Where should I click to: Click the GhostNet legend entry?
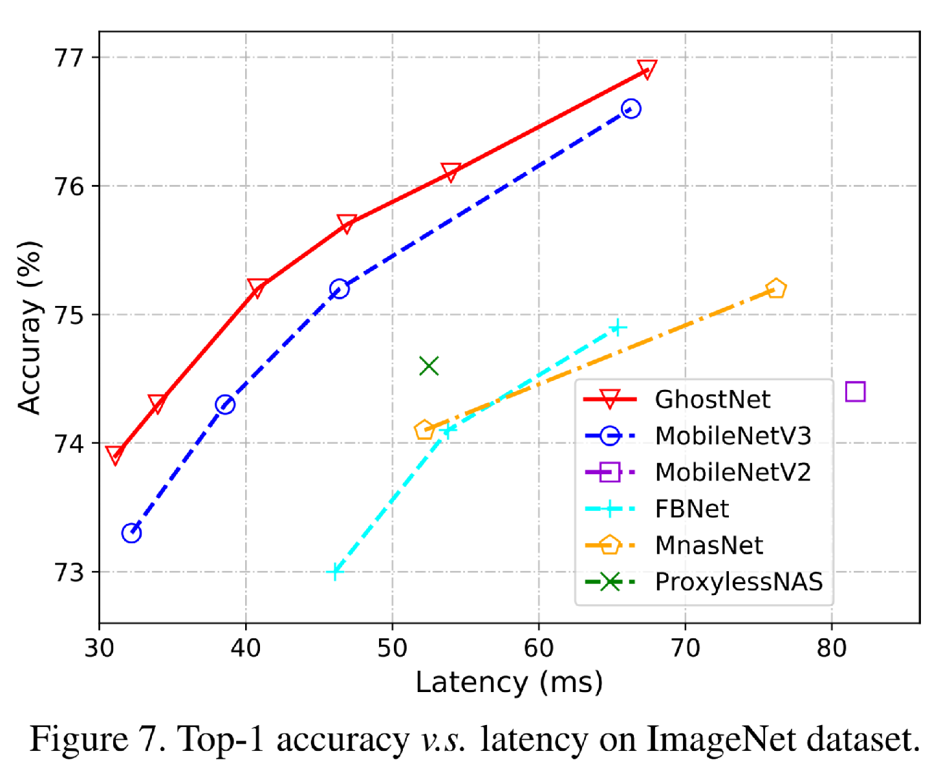(x=711, y=399)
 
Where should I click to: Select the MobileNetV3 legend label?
(x=732, y=436)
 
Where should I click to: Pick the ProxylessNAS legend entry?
(x=738, y=582)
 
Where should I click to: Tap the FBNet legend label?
(x=691, y=509)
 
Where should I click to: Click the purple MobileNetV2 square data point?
(x=855, y=392)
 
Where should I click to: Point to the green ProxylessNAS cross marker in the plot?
(x=429, y=366)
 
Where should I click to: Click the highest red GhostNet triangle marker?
(x=647, y=69)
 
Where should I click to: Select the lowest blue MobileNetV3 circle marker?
(x=131, y=534)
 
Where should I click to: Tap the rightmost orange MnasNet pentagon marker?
(x=775, y=288)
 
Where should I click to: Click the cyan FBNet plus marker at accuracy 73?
(x=334, y=572)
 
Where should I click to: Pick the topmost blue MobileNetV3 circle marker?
(x=631, y=109)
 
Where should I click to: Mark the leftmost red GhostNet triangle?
(x=114, y=455)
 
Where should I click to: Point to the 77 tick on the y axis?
(x=69, y=58)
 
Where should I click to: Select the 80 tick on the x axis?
(x=831, y=647)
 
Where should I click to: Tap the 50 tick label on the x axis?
(x=392, y=647)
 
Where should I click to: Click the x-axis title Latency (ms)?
(x=509, y=682)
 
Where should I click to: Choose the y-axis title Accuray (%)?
(x=30, y=327)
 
